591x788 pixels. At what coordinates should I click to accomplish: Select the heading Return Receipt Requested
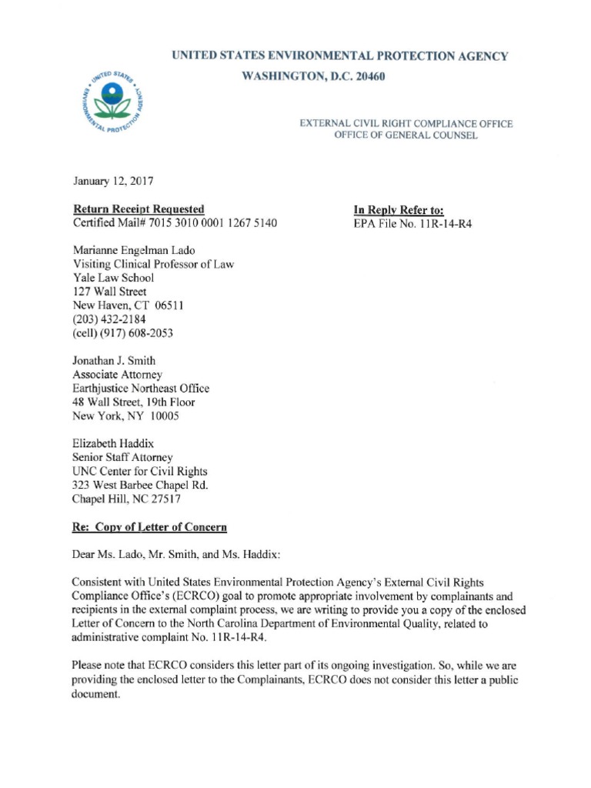tap(139, 209)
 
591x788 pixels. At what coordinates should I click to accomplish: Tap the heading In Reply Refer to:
tap(399, 209)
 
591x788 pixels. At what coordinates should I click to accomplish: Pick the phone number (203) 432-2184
tap(108, 319)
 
